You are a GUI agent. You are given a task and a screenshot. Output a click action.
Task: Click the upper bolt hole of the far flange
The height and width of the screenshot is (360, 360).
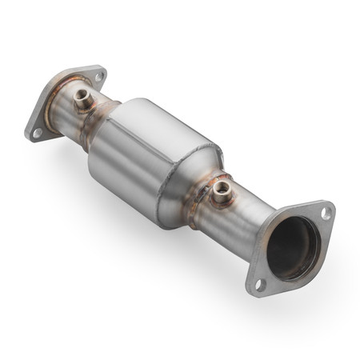(x=99, y=77)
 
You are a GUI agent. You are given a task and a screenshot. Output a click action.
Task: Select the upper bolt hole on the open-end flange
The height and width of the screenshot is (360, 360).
(x=326, y=214)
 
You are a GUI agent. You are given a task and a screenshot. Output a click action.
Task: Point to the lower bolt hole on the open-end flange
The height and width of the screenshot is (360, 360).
(x=259, y=283)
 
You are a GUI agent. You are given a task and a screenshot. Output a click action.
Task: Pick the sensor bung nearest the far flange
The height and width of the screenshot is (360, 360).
(x=82, y=100)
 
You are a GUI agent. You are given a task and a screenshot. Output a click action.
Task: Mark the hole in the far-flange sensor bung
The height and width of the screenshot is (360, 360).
(x=82, y=96)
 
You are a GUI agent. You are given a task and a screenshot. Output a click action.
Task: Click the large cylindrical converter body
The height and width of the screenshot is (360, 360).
(x=152, y=160)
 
